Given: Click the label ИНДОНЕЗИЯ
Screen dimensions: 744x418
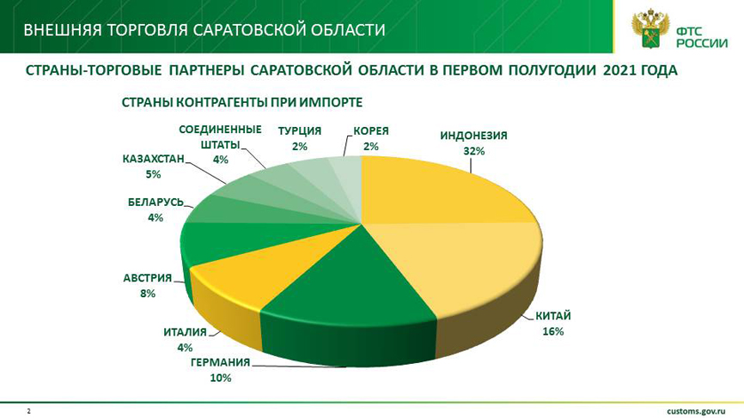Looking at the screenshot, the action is click(473, 136).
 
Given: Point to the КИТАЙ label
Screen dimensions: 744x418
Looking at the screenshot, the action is click(553, 316).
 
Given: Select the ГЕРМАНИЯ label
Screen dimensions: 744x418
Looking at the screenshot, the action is click(220, 362).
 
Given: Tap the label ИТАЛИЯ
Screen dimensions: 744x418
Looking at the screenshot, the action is click(185, 332).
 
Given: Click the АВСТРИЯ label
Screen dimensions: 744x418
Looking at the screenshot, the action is click(148, 278).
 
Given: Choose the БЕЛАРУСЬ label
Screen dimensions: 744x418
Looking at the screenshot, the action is click(156, 203).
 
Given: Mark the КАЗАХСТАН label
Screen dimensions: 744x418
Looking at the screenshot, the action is click(153, 159).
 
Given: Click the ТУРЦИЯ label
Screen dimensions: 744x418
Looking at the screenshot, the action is click(299, 130).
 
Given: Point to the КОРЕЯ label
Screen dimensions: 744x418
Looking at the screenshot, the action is click(371, 130).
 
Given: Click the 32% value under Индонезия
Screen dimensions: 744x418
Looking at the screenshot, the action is click(474, 151).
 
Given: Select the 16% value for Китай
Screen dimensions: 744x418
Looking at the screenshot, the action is click(553, 331).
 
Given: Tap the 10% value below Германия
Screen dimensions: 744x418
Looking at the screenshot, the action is click(220, 379).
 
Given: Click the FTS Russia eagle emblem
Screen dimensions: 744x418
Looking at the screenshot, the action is click(650, 29).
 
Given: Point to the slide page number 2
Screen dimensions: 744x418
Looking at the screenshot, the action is click(28, 411).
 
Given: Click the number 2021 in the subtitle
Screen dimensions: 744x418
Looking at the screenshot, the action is click(620, 70).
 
